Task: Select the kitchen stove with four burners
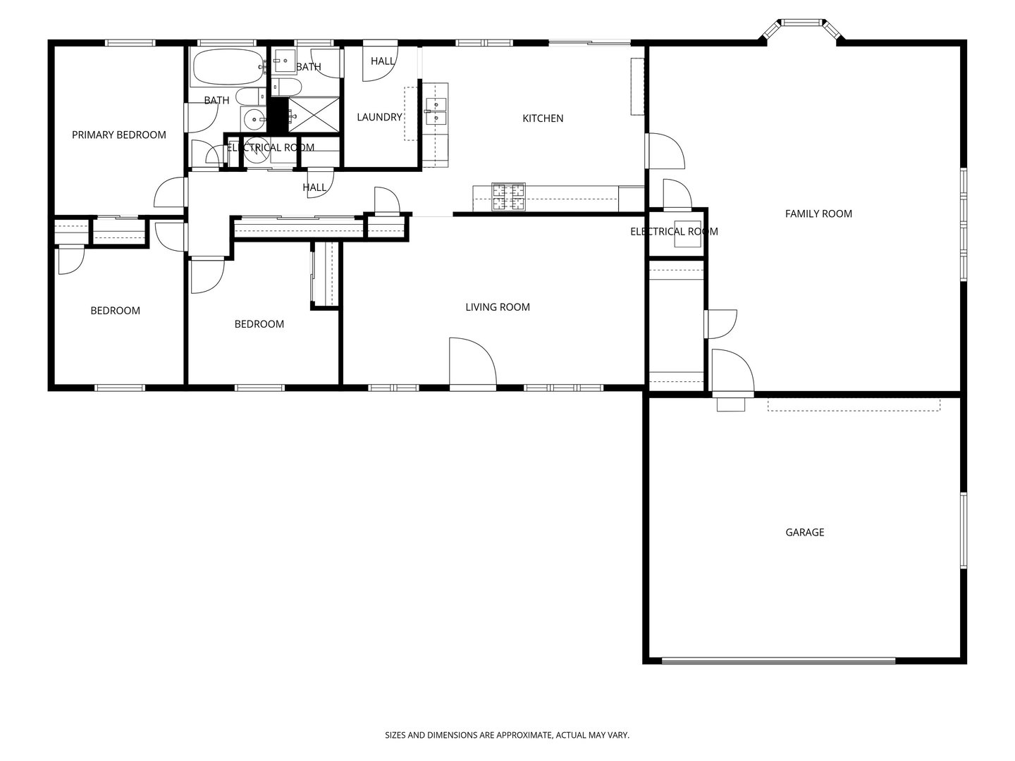coord(508,197)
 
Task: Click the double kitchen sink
coord(436,111)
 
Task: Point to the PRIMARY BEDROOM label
coord(119,135)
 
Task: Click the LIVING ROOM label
coord(498,307)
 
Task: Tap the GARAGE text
coord(804,532)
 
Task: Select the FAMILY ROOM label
coord(818,214)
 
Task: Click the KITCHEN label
coord(543,118)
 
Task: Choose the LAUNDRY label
coord(379,117)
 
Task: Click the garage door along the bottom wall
coord(778,661)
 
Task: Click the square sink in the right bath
coord(285,61)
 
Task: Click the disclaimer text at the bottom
coord(507,735)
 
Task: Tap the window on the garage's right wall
coord(962,529)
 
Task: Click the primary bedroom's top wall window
coord(130,43)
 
